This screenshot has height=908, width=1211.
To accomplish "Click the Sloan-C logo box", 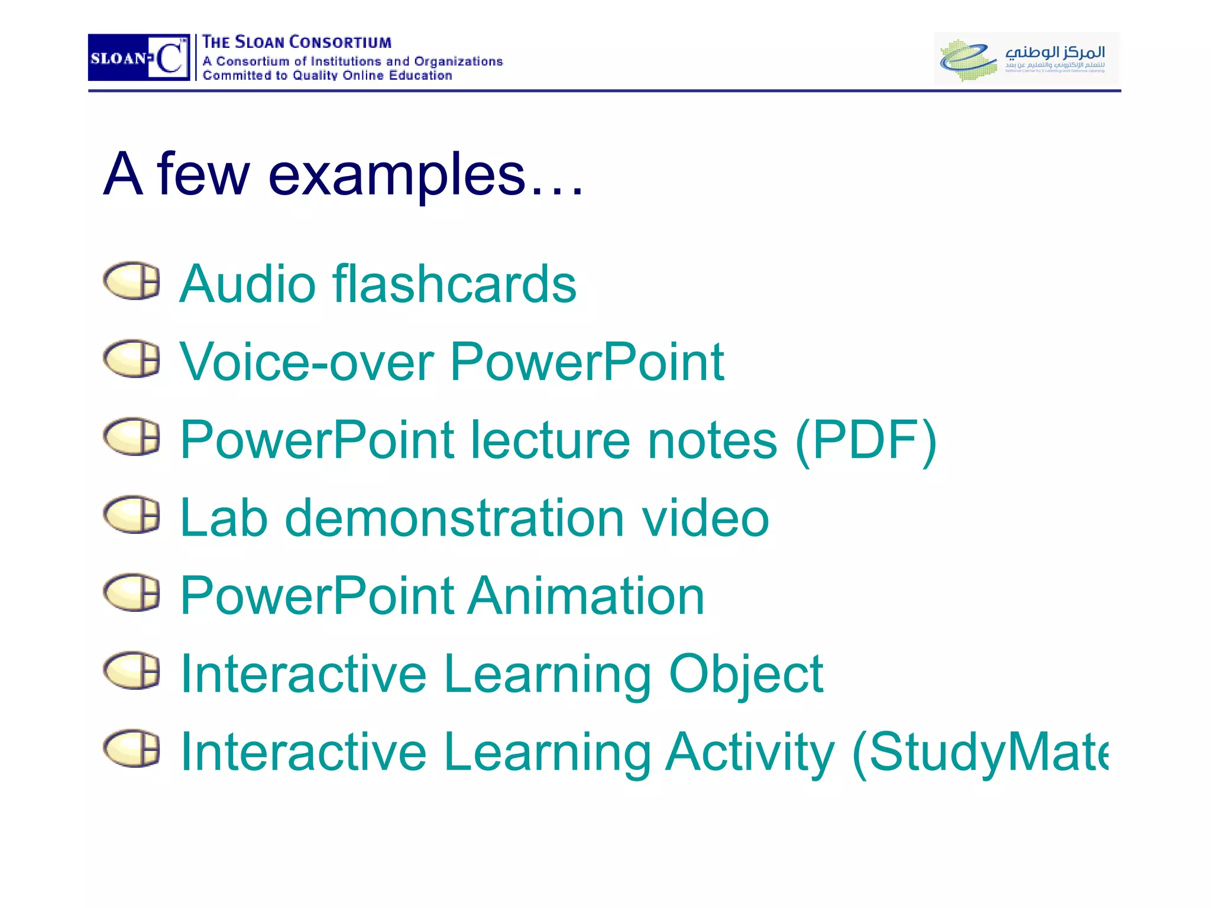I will pyautogui.click(x=139, y=57).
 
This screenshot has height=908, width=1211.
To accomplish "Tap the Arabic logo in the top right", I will pyautogui.click(x=1026, y=57).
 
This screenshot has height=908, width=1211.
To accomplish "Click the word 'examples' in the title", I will pyautogui.click(x=396, y=175).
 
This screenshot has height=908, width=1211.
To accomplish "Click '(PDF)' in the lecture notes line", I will pyautogui.click(x=866, y=440).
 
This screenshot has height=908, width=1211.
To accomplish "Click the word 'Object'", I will pyautogui.click(x=746, y=674).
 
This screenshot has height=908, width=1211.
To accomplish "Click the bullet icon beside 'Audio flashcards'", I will pyautogui.click(x=132, y=281).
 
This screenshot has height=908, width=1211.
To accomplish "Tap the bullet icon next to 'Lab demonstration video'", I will pyautogui.click(x=132, y=514).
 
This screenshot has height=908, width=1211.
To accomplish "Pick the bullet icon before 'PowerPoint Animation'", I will pyautogui.click(x=132, y=592).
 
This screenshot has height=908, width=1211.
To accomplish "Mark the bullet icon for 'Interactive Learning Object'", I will pyautogui.click(x=132, y=670).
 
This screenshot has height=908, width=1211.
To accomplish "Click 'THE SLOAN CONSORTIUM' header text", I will pyautogui.click(x=297, y=43).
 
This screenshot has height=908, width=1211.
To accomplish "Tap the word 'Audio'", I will pyautogui.click(x=248, y=284).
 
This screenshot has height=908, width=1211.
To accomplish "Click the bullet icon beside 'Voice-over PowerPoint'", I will pyautogui.click(x=132, y=359).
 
